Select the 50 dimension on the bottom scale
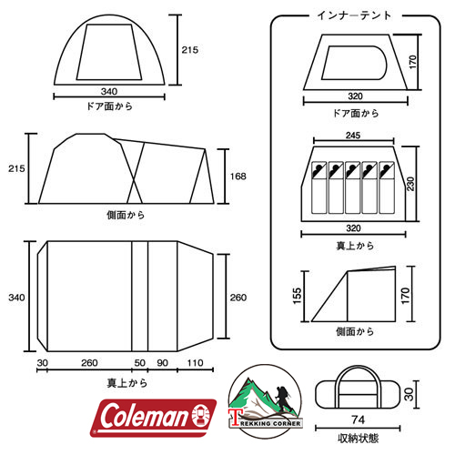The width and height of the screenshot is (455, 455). pos(139,363)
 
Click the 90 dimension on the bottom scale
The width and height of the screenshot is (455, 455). pos(163,363)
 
